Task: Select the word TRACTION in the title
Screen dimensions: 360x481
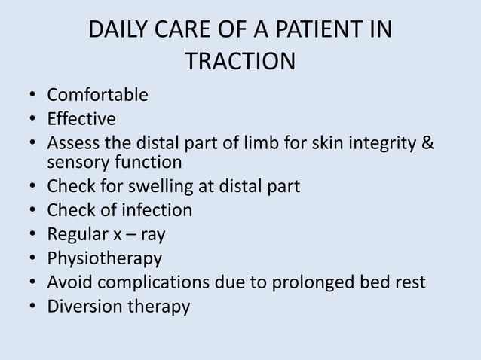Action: (x=240, y=62)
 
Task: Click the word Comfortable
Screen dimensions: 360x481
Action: (x=97, y=96)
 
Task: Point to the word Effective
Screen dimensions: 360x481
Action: (x=81, y=119)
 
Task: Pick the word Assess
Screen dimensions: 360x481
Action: (x=74, y=143)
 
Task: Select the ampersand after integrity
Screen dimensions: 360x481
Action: (x=428, y=143)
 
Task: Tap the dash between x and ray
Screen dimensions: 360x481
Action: (x=133, y=234)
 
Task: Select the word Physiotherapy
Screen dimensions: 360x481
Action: (x=104, y=258)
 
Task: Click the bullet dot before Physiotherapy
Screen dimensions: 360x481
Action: (x=32, y=259)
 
